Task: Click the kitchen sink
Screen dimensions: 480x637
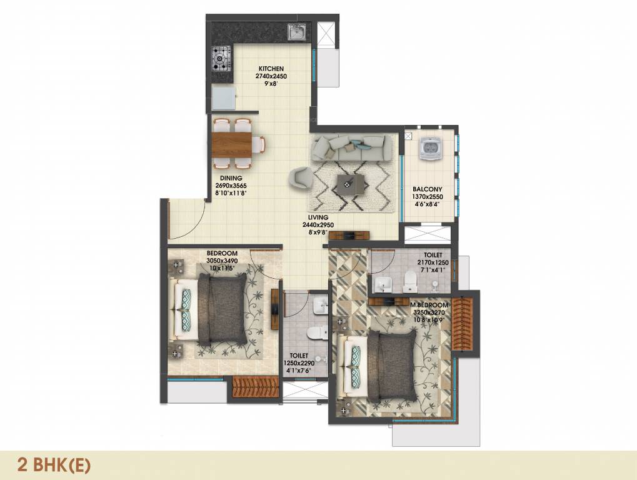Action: [x=297, y=31]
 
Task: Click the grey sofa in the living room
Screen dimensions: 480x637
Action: [x=352, y=147]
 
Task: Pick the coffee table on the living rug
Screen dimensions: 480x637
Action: [x=349, y=184]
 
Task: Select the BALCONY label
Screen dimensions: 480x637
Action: [x=427, y=189]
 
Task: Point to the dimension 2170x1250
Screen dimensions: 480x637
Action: [x=433, y=263]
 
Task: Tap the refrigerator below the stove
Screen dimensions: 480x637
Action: [x=223, y=98]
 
